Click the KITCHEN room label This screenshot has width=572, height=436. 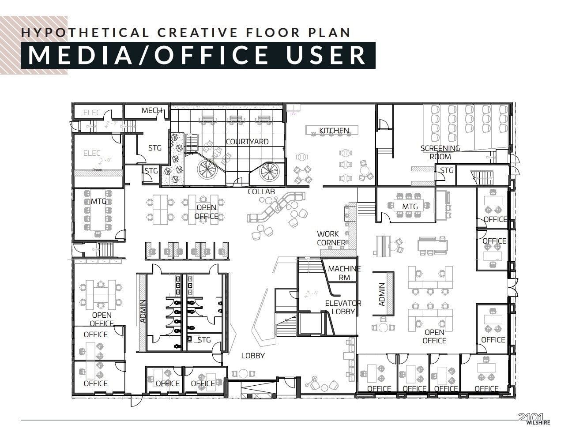click(334, 131)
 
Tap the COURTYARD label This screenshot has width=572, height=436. click(247, 142)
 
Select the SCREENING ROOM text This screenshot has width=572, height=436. click(440, 152)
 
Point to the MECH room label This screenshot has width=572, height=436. click(151, 110)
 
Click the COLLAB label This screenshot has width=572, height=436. click(261, 192)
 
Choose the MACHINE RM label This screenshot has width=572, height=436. click(344, 273)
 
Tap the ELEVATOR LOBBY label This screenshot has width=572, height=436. click(343, 307)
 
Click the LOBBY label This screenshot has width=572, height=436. click(253, 356)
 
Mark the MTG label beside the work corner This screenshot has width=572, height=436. click(410, 207)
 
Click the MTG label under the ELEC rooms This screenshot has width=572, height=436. click(98, 201)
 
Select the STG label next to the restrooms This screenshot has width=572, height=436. click(204, 340)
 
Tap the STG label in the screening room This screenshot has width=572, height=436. click(447, 170)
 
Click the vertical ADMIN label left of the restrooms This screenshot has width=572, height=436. click(143, 312)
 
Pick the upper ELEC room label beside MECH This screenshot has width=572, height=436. click(92, 113)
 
